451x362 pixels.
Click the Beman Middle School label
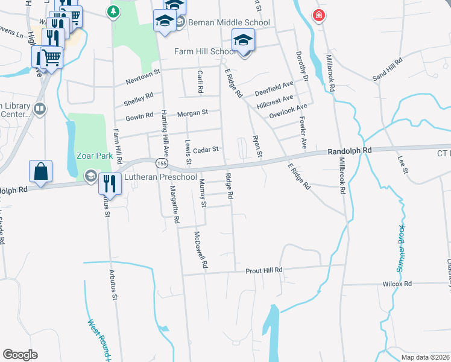tap(229, 22)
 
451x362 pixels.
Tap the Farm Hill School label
tap(205, 51)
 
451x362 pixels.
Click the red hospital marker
tap(318, 16)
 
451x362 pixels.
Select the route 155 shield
tap(162, 164)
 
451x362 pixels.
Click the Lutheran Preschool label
tap(160, 177)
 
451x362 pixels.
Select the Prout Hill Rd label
tap(263, 271)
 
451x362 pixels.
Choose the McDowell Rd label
tap(201, 249)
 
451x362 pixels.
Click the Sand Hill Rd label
tap(387, 69)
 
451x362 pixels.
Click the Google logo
tap(20, 355)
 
